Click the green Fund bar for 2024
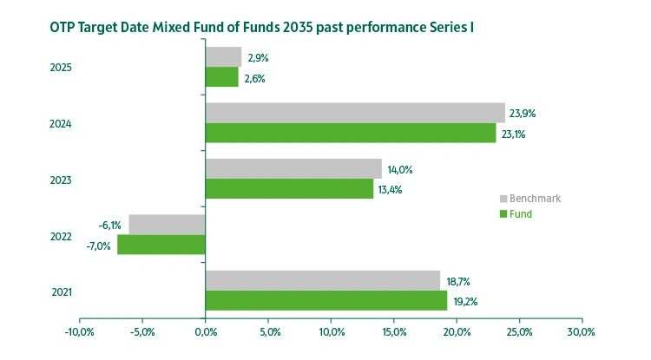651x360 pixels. (351, 134)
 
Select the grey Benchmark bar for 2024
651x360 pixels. (355, 113)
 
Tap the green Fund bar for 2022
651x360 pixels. (161, 245)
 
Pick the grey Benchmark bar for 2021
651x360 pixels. (322, 280)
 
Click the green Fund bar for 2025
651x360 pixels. (221, 77)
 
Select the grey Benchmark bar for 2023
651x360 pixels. (293, 168)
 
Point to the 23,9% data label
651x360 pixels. (524, 113)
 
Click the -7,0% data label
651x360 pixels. (99, 245)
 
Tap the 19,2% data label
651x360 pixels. (464, 301)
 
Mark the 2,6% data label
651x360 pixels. (254, 78)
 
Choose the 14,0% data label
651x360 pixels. (400, 169)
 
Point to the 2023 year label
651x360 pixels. (61, 180)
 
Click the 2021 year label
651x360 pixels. (61, 291)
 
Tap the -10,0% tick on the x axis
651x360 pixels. (79, 331)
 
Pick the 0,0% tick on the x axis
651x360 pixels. (205, 331)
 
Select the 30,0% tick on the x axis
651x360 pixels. (581, 331)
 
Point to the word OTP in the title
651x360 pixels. (40, 28)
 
